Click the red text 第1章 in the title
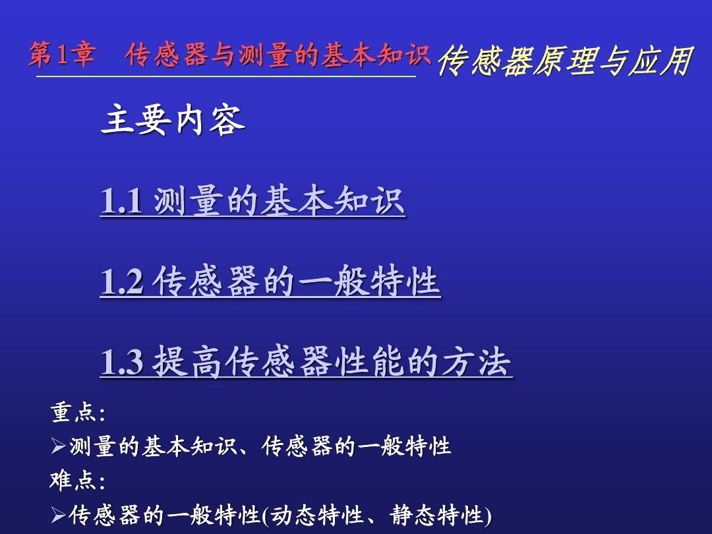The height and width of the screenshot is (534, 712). [x=62, y=55]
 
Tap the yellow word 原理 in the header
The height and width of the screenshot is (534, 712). [x=564, y=61]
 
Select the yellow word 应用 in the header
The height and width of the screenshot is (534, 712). [x=660, y=61]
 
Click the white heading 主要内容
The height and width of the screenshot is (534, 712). [x=173, y=121]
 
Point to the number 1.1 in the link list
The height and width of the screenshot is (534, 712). [x=121, y=201]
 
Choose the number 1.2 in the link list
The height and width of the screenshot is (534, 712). [x=121, y=282]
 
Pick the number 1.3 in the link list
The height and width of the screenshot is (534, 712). [x=121, y=362]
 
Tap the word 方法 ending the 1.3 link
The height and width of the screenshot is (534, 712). [x=477, y=361]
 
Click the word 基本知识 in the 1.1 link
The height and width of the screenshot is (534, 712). [x=332, y=200]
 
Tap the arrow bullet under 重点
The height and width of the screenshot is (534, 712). [x=59, y=446]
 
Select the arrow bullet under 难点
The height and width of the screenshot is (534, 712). [x=59, y=515]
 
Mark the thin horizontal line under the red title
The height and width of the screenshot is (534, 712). [x=225, y=76]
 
